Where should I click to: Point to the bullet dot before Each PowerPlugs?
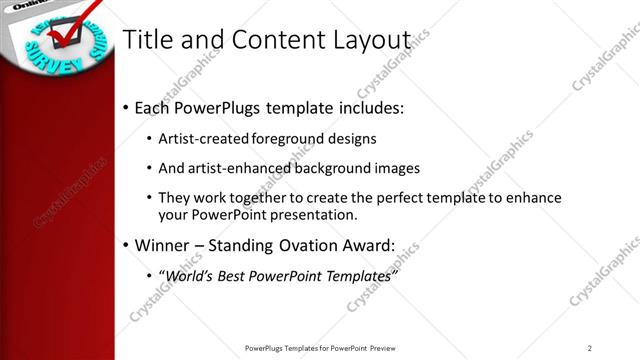pos(125,107)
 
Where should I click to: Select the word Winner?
pos(162,246)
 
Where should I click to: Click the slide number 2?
pos(590,348)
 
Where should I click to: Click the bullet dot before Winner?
pos(125,246)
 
